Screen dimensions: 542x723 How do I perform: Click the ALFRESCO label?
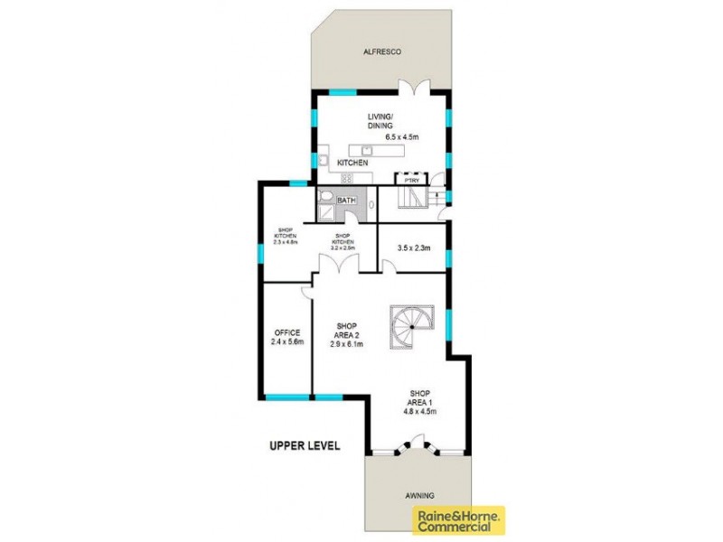point(380,53)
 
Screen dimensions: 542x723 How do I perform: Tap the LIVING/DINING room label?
point(380,121)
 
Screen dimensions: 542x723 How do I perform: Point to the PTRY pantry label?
point(412,180)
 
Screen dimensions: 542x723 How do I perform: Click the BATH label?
point(346,201)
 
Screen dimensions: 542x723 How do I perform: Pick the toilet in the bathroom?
point(324,198)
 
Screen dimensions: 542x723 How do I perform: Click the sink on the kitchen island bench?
point(368,150)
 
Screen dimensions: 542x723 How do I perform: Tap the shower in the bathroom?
point(324,214)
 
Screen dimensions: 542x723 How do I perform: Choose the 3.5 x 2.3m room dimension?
point(412,248)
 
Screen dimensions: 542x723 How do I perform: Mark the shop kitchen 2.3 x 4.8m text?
point(286,237)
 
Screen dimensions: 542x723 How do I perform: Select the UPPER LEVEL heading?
point(305,445)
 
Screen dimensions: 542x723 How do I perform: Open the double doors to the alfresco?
point(417,88)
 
